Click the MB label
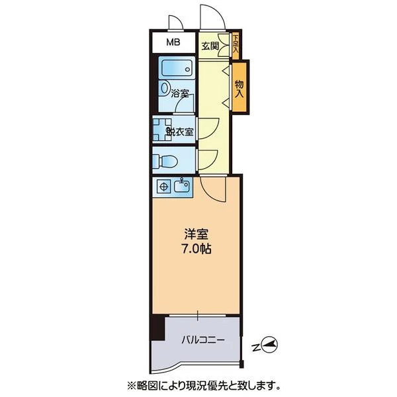pyautogui.click(x=173, y=42)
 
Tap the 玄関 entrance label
pyautogui.click(x=210, y=46)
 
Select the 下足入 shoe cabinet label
pyautogui.click(x=236, y=43)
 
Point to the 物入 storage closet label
pyautogui.click(x=239, y=89)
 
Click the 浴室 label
pyautogui.click(x=180, y=94)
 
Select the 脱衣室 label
pyautogui.click(x=179, y=132)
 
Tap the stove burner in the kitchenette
pyautogui.click(x=164, y=187)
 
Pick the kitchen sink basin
pyautogui.click(x=181, y=186)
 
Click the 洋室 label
pyautogui.click(x=197, y=235)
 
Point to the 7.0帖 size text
pyautogui.click(x=197, y=249)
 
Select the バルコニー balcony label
pyautogui.click(x=203, y=340)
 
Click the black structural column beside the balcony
pyautogui.click(x=158, y=328)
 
